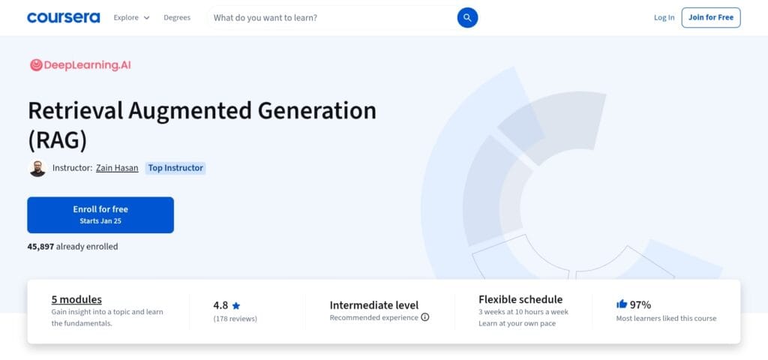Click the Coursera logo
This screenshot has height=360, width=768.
63,17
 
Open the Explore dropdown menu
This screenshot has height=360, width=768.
131,17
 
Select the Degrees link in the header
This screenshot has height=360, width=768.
177,17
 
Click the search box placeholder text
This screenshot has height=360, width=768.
265,17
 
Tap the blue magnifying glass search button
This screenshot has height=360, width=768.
467,17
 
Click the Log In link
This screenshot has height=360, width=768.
664,17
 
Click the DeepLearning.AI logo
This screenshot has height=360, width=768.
80,65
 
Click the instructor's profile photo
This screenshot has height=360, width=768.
37,168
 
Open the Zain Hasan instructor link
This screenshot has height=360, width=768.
117,168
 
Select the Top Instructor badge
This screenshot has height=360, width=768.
175,168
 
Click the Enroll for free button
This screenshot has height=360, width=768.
100,214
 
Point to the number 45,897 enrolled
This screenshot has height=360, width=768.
40,246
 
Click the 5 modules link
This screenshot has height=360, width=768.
76,299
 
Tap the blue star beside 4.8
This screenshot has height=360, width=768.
236,305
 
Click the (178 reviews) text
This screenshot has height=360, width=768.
235,319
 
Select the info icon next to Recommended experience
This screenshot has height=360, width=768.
425,317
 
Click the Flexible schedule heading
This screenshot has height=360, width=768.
520,299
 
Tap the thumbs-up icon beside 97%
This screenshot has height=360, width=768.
621,304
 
